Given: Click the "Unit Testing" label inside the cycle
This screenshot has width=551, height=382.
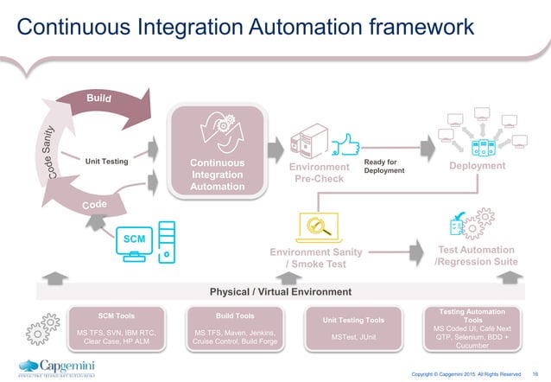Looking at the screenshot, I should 106,160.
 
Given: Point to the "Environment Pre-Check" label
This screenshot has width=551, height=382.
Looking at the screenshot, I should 320,172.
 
